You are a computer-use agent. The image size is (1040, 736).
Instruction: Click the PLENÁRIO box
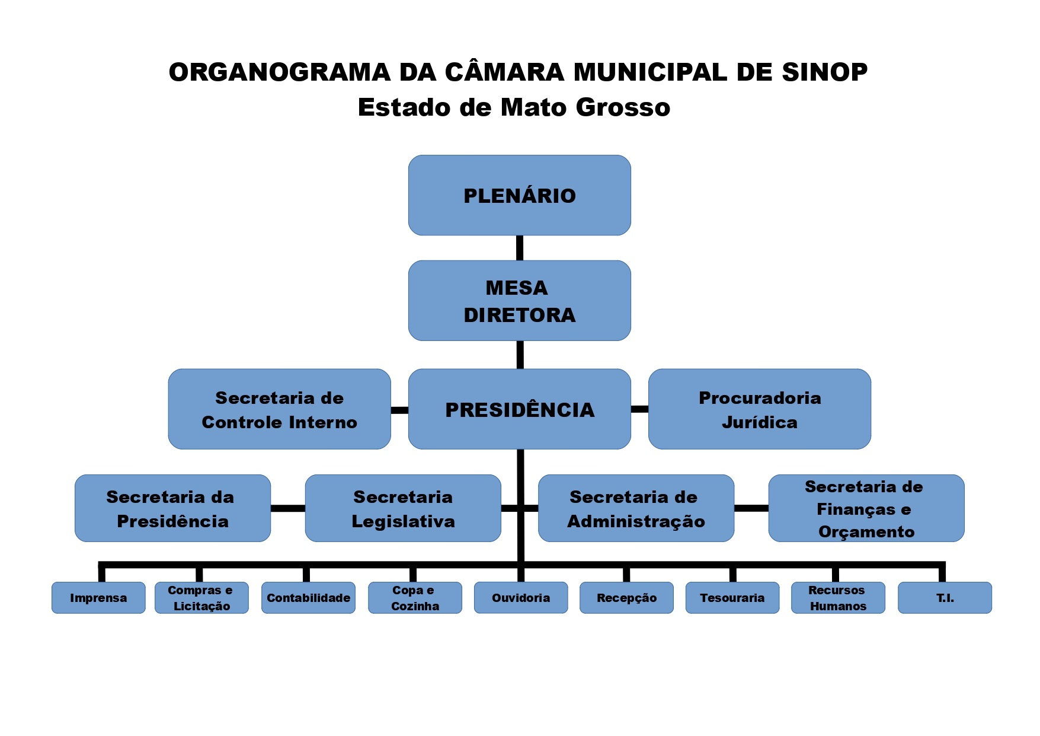(x=519, y=195)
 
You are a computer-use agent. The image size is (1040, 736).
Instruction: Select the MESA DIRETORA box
(x=519, y=301)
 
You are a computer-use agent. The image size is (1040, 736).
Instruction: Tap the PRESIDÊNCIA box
(x=519, y=409)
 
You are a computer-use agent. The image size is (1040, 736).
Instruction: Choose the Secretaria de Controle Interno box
(x=279, y=409)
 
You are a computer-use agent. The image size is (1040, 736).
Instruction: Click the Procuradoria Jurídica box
(x=759, y=409)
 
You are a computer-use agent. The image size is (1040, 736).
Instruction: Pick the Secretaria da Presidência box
(x=172, y=508)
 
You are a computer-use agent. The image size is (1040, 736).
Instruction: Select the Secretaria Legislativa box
(x=403, y=508)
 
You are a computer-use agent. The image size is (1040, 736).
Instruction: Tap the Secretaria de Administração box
(x=636, y=508)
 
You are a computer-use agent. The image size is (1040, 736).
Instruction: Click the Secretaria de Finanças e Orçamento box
(x=866, y=508)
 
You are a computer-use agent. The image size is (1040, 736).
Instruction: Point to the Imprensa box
(x=98, y=598)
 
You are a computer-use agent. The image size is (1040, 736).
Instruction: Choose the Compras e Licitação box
(x=201, y=598)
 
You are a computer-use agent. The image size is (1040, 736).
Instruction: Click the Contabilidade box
(x=308, y=598)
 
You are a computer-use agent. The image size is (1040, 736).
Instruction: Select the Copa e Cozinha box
(x=415, y=598)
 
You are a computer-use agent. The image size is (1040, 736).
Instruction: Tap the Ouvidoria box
(x=521, y=598)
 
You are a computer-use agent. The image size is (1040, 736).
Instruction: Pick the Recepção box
(x=626, y=598)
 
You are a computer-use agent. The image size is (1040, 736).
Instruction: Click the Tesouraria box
(x=732, y=598)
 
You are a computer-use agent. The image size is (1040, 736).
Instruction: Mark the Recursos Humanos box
(x=838, y=598)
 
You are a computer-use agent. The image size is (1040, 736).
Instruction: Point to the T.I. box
(x=945, y=598)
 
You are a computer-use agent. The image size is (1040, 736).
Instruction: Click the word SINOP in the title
(x=824, y=72)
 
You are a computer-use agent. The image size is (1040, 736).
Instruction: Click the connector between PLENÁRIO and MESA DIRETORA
(x=520, y=248)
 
